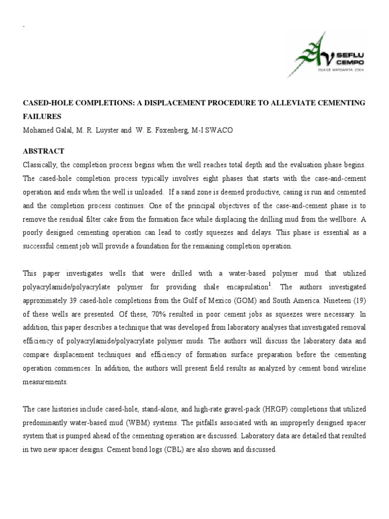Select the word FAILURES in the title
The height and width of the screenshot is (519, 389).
42,116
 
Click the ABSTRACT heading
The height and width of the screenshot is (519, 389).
44,151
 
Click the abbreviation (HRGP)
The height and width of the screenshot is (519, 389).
239,409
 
